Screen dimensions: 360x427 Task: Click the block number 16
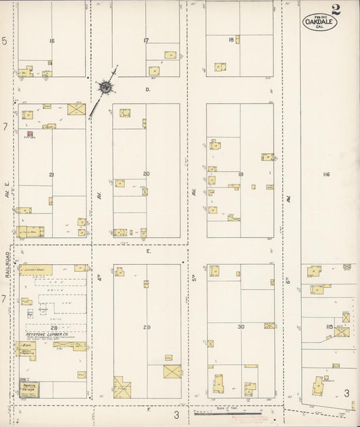(51, 41)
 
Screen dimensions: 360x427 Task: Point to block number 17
(146, 41)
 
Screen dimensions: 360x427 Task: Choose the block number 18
(231, 41)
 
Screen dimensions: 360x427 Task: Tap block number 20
(146, 174)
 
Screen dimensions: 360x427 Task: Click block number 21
(51, 174)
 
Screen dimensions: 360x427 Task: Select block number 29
(147, 327)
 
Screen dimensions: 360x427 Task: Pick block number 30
(240, 327)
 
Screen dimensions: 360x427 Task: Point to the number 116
(326, 174)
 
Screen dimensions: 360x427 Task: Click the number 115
(329, 327)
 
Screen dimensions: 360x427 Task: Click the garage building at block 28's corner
(29, 388)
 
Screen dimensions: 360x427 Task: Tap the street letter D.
(147, 89)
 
